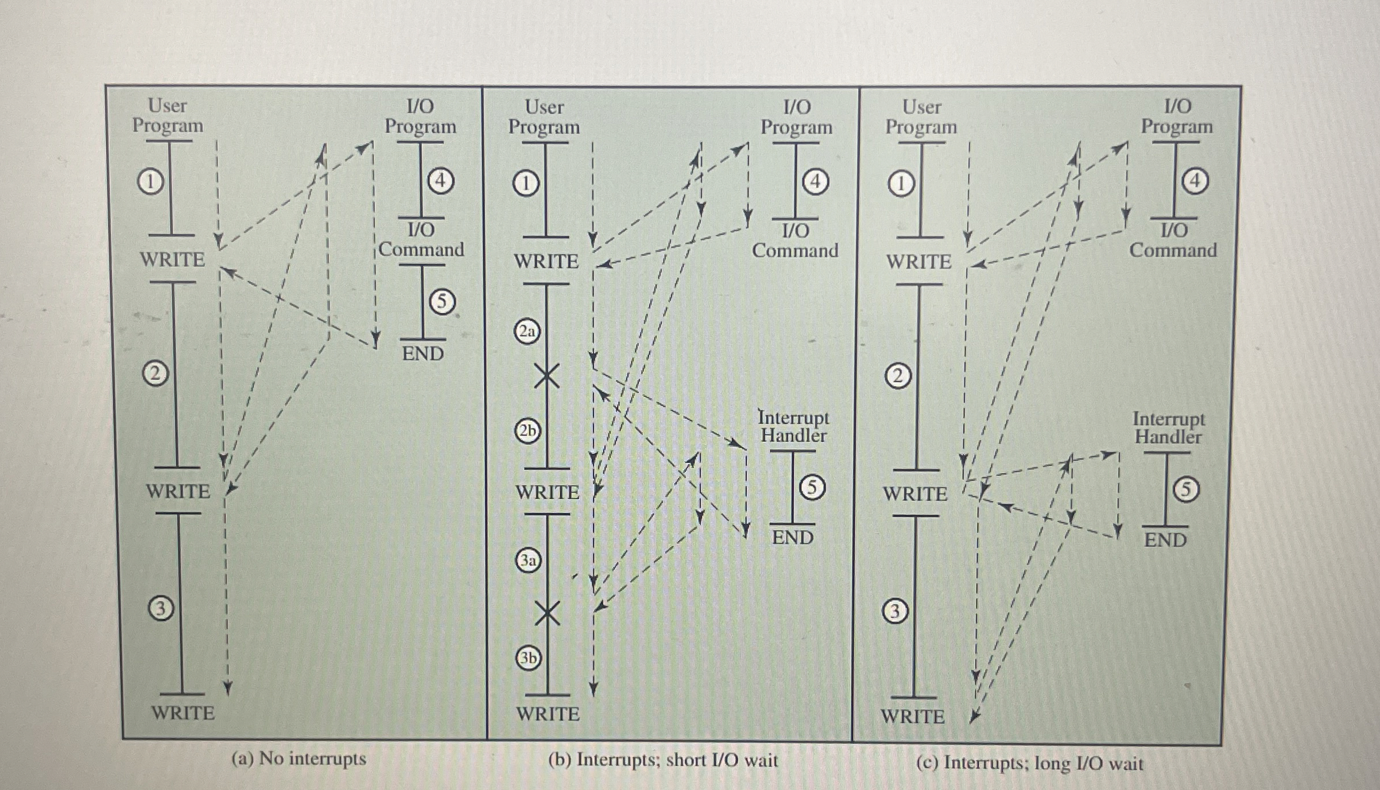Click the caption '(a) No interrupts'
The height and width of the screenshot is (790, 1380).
tap(299, 758)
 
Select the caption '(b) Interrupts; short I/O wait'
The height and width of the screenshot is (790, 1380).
tap(663, 760)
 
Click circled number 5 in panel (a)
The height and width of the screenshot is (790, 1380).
tap(442, 301)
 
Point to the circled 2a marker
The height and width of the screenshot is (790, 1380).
tap(527, 332)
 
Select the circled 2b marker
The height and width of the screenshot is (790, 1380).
tap(527, 431)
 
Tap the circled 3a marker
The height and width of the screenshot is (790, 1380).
tap(528, 560)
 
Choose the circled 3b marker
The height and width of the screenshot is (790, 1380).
tap(529, 657)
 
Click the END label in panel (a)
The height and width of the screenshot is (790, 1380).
tap(422, 353)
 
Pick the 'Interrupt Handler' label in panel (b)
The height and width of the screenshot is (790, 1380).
tap(793, 426)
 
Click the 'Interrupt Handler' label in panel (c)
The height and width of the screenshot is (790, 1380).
tap(1168, 428)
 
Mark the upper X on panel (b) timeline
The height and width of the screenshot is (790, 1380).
tap(547, 376)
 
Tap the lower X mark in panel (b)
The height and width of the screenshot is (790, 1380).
tap(548, 613)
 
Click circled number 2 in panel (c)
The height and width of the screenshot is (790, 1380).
tap(898, 376)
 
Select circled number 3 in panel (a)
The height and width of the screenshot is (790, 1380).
tap(161, 608)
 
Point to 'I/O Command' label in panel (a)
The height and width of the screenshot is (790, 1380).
tap(421, 240)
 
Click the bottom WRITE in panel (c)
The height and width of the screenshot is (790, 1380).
tap(913, 717)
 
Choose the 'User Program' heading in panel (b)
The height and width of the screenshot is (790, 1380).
tap(544, 116)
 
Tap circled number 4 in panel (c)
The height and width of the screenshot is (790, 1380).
tap(1195, 181)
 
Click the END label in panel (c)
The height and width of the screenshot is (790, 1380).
tap(1165, 540)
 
